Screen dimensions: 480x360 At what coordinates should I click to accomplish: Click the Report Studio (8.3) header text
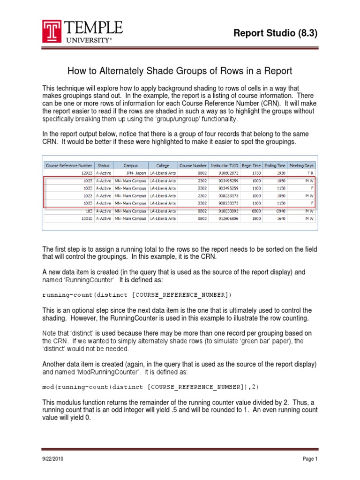point(281,33)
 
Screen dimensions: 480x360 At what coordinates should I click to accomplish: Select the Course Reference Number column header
point(69,165)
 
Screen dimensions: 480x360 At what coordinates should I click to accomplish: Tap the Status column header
point(103,165)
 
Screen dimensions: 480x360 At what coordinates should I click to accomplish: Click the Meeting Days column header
point(302,165)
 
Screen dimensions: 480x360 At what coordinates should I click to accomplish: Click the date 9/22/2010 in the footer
point(52,459)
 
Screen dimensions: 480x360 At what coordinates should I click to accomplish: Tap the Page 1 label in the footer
point(310,459)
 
